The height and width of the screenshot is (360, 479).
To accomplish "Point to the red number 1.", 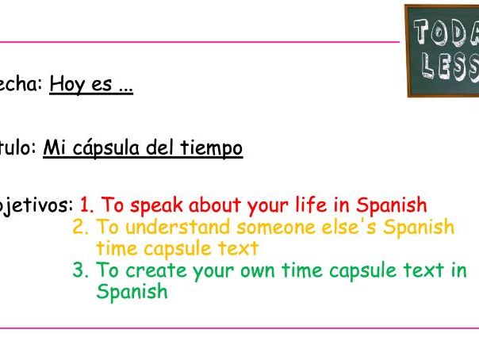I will click(86, 206).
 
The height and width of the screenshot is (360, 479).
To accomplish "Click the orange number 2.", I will click(79, 228).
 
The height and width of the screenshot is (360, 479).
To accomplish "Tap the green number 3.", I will click(79, 270).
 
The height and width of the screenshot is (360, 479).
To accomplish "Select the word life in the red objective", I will click(311, 205).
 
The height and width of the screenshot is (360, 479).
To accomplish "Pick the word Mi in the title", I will click(52, 148).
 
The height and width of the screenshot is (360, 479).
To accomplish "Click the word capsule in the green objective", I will click(377, 270).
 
